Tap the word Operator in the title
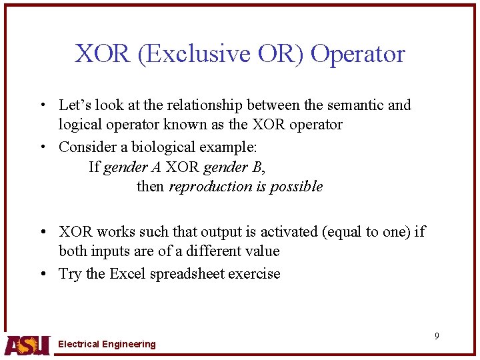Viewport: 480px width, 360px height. click(x=357, y=54)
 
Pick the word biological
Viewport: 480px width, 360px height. click(x=163, y=147)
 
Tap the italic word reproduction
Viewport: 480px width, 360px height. click(x=211, y=187)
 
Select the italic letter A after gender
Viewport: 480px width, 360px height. click(x=156, y=167)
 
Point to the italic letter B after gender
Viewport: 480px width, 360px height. click(x=257, y=167)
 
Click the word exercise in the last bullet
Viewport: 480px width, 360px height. click(x=254, y=274)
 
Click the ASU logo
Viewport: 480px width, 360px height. click(x=27, y=345)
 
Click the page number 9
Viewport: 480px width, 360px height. click(x=437, y=336)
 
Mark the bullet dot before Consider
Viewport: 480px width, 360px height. click(x=43, y=147)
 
